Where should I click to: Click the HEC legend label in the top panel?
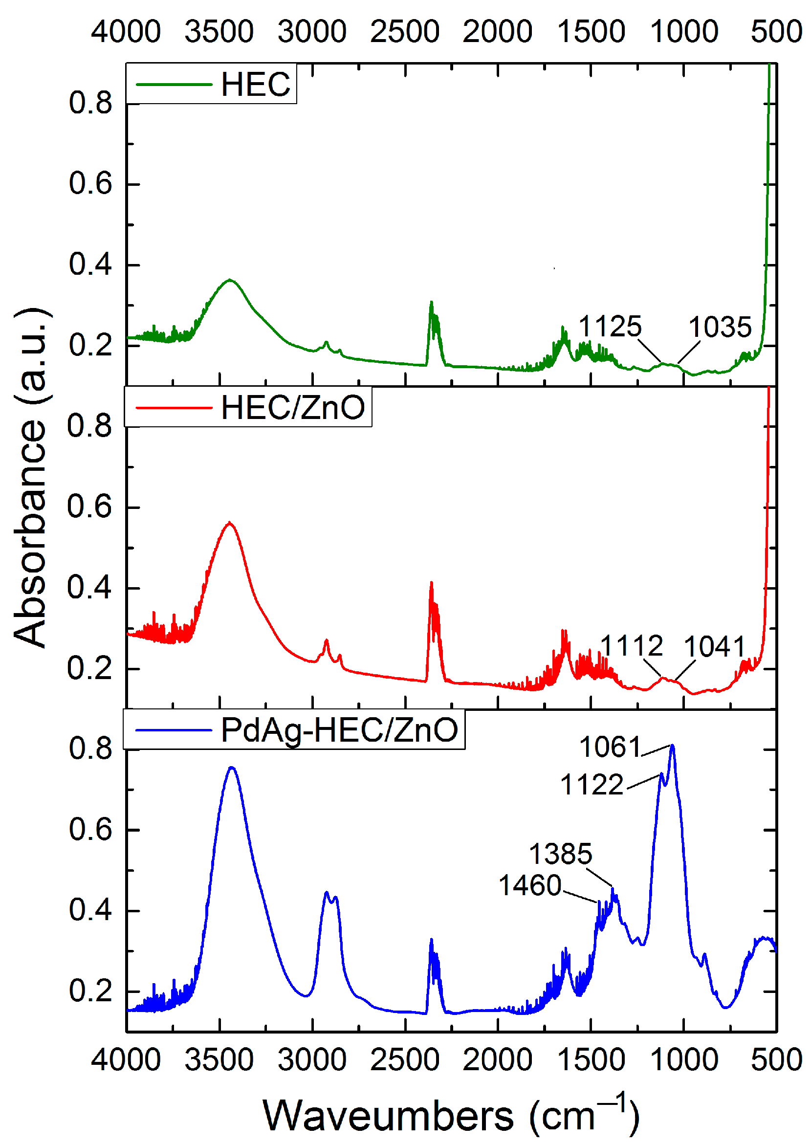point(255,84)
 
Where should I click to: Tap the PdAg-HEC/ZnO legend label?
point(339,729)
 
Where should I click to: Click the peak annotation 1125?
point(609,327)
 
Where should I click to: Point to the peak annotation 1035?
point(720,327)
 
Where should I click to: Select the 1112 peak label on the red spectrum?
point(631,646)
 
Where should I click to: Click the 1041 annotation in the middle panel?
point(714,647)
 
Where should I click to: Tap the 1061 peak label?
point(610,748)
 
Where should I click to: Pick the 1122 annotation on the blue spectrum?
point(592,785)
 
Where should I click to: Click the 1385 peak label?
point(560,854)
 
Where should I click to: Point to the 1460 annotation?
point(530,885)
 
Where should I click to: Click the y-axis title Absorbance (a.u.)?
point(31,478)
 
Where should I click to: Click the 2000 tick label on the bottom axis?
point(497,1059)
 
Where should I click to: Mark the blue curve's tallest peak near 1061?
point(672,746)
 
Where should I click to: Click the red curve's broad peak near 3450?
point(230,523)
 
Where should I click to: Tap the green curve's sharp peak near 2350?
point(432,302)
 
